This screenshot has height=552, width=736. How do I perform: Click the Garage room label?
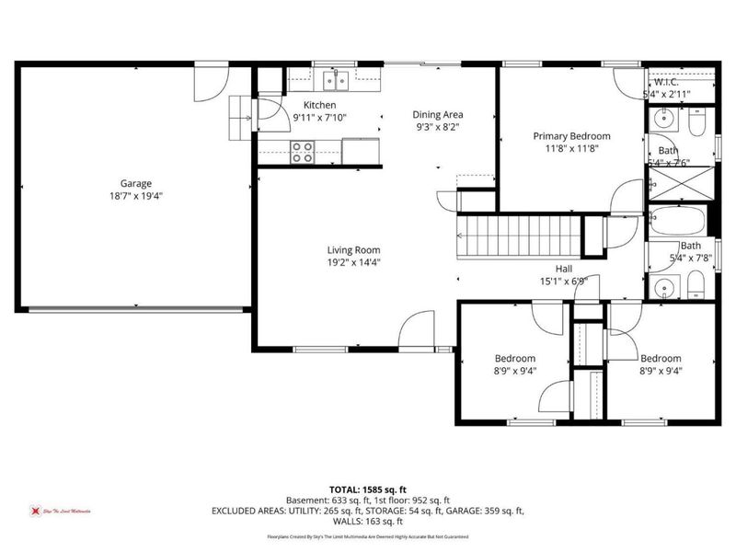coord(135,183)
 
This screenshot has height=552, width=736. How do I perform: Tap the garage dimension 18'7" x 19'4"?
coord(135,196)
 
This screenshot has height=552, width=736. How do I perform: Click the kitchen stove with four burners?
coord(303,151)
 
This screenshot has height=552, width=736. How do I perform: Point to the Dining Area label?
coord(436,114)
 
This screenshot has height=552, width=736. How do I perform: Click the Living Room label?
coord(354,249)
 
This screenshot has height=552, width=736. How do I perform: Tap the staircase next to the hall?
coord(520,236)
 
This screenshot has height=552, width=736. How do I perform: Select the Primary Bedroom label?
coord(571,136)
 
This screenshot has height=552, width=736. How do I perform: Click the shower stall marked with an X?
coord(682,183)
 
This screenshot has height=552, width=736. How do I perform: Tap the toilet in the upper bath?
coord(696,121)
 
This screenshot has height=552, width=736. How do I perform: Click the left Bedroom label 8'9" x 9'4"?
coord(515,359)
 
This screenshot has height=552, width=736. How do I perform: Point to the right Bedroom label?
coord(661,359)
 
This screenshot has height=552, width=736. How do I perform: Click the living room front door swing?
coord(417,329)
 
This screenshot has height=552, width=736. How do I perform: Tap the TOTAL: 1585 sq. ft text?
coord(368,489)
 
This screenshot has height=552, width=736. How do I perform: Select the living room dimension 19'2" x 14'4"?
coord(354,262)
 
